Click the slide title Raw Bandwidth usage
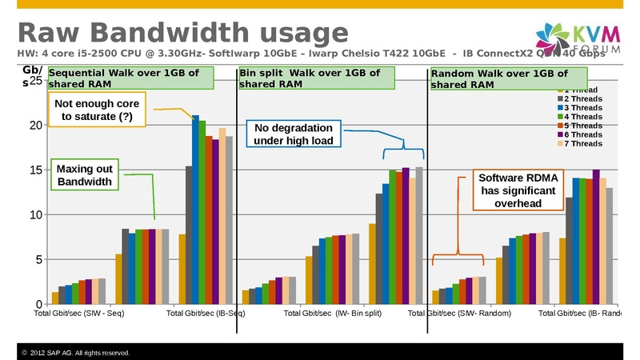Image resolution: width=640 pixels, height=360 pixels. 182,33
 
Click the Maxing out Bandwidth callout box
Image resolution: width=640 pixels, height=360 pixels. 86,175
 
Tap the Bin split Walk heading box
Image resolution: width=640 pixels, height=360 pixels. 318,78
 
